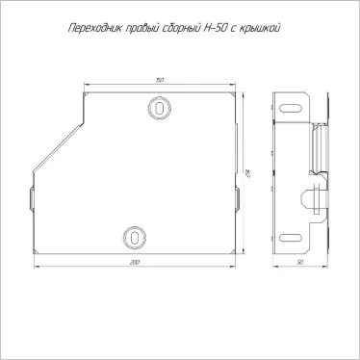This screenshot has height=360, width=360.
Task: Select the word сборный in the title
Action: click(x=179, y=28)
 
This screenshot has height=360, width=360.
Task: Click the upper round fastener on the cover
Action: click(x=158, y=103)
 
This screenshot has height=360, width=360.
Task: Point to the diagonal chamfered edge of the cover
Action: click(x=58, y=143)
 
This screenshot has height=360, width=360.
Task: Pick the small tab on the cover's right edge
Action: click(x=237, y=198)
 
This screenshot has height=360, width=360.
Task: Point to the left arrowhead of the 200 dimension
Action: click(x=35, y=256)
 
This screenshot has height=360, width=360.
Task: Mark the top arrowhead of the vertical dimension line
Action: click(x=243, y=94)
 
